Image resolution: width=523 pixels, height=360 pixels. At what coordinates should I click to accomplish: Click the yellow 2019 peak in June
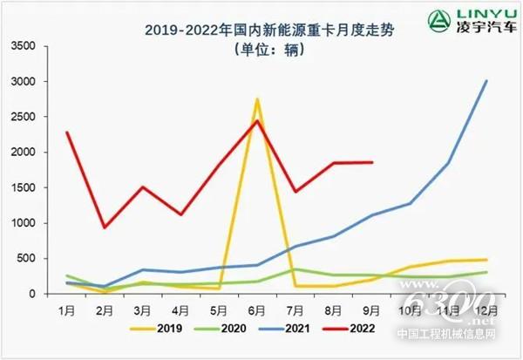(257, 99)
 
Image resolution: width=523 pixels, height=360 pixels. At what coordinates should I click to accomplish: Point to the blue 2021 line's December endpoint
(486, 81)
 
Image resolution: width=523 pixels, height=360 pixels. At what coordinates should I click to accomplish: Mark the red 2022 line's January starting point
(67, 132)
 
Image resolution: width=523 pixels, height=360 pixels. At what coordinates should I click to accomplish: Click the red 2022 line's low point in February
(105, 228)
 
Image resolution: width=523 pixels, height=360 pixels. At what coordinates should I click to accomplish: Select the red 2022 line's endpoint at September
(372, 162)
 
